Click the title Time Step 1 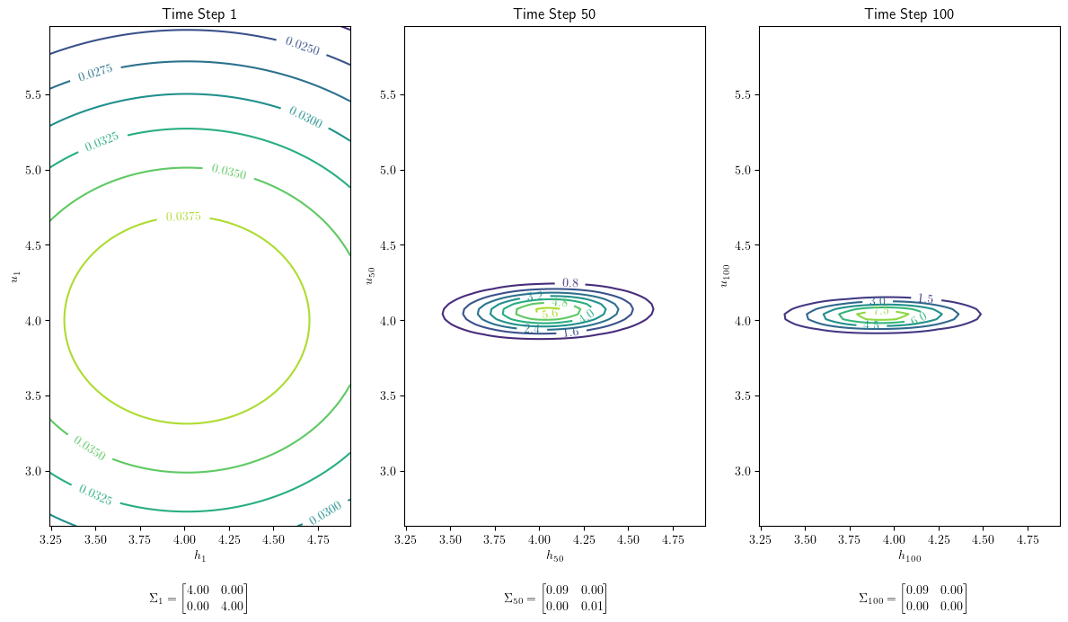tap(199, 13)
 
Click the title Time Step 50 tap(554, 13)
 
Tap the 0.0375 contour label tap(183, 217)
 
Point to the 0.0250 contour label tap(302, 44)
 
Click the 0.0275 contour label tap(95, 73)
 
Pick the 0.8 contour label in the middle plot tap(570, 283)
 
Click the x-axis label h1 tap(199, 556)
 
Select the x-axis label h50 tap(554, 556)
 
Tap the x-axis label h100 tap(909, 557)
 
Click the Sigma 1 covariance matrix tap(199, 598)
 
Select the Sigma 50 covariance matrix tap(555, 598)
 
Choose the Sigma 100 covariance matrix tap(913, 598)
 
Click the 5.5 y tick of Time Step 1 tap(31, 94)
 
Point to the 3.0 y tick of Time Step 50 tap(388, 471)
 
